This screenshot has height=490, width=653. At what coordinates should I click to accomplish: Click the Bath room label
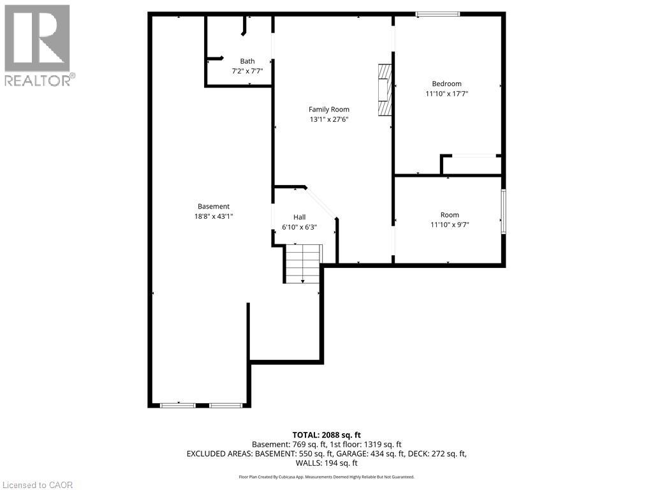coord(247,61)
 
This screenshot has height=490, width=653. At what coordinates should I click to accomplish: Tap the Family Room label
coord(329,109)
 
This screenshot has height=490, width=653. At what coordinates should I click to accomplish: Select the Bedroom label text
coord(446,84)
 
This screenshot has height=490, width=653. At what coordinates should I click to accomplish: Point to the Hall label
coord(300,217)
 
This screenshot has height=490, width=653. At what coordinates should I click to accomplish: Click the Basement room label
coord(213,206)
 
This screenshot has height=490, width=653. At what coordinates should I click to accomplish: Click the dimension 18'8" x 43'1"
coord(213,216)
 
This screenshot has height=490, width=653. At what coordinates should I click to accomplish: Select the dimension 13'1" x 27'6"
coord(329,119)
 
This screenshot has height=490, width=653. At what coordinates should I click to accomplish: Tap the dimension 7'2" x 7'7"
coord(247,71)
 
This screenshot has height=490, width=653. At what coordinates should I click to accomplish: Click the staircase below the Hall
coord(302,265)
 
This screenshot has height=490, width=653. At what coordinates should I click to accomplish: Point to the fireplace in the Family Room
coord(383,90)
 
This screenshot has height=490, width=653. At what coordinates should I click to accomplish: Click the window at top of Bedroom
coord(437,14)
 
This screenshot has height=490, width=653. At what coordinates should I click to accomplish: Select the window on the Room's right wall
coord(503,212)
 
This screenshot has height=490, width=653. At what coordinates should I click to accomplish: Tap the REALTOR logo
coord(38,45)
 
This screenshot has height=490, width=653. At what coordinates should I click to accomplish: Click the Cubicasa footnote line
coord(326,477)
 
